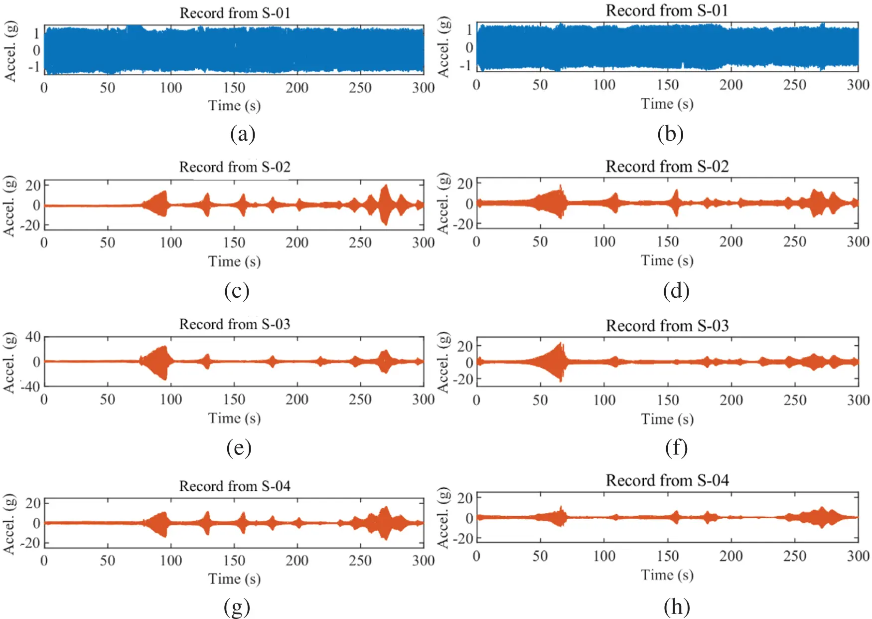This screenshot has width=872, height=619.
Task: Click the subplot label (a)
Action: [x=243, y=135]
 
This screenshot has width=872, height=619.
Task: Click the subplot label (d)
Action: [x=676, y=290]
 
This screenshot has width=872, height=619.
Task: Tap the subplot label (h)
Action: [x=677, y=607]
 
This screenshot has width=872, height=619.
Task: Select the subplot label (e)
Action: [x=238, y=447]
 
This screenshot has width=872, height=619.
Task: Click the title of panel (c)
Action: [x=235, y=167]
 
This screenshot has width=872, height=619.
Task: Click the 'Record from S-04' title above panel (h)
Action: [x=667, y=480]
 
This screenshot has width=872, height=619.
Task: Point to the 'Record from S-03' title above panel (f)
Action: [x=667, y=326]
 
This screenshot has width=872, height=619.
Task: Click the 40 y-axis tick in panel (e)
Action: [x=33, y=337]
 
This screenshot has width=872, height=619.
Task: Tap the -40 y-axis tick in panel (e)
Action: [x=30, y=387]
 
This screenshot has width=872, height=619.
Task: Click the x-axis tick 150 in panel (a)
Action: [x=234, y=88]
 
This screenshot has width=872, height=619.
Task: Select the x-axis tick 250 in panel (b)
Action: [x=794, y=85]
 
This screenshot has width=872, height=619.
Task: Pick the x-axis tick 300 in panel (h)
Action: [x=858, y=556]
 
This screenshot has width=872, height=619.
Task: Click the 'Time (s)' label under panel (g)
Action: [x=234, y=579]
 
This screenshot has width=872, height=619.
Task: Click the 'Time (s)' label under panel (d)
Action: [x=667, y=260]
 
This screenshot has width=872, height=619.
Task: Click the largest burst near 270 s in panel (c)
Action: [x=384, y=205]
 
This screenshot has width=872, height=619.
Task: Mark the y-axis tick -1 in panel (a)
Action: [x=34, y=67]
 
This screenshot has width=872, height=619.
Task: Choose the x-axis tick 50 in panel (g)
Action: [x=107, y=560]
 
